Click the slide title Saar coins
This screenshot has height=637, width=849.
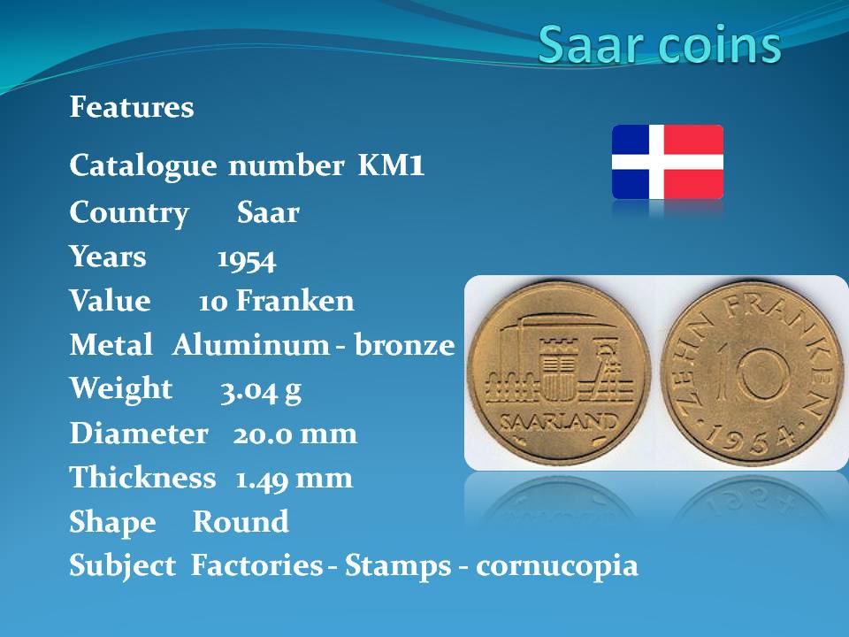660,44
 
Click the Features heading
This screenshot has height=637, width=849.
132,107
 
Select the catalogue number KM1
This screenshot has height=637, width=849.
391,165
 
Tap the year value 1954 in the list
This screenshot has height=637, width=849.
247,259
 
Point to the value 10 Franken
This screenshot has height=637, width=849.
276,301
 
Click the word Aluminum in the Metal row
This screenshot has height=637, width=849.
250,344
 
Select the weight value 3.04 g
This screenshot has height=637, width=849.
261,390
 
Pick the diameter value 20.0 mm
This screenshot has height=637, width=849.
295,434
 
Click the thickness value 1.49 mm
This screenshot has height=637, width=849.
294,479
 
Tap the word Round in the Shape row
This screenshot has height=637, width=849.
241,522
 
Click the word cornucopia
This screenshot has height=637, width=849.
556,566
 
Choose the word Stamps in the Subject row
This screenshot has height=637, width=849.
398,566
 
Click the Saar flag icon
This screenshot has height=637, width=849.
668,162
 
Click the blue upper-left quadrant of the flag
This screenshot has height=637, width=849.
631,140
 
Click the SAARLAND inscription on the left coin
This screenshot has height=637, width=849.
559,422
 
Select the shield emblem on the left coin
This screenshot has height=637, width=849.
559,369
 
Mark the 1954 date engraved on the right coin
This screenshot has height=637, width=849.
750,436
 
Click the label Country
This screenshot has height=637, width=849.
129,212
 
